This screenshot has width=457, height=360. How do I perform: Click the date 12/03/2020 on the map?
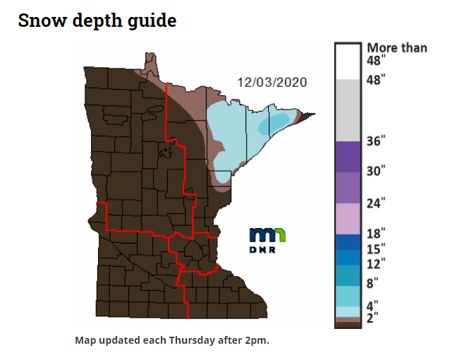click(x=272, y=82)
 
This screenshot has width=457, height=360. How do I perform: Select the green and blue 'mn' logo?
click(x=268, y=235)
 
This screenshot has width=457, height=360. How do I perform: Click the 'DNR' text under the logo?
click(x=267, y=250)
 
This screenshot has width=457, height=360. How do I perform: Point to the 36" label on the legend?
click(x=375, y=140)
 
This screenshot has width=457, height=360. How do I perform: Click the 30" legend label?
click(x=375, y=170)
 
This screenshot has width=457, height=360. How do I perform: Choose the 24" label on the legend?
click(x=375, y=203)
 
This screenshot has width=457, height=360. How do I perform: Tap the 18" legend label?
click(x=375, y=234)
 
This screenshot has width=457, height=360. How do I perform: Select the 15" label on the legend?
click(x=375, y=248)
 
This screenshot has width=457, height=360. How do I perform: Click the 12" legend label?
click(x=375, y=264)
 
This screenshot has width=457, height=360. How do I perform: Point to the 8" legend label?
click(x=373, y=284)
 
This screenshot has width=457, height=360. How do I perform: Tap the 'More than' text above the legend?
click(x=396, y=48)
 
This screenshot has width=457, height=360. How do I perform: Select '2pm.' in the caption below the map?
click(x=257, y=340)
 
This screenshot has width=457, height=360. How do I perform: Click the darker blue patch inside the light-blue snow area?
click(x=274, y=124)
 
